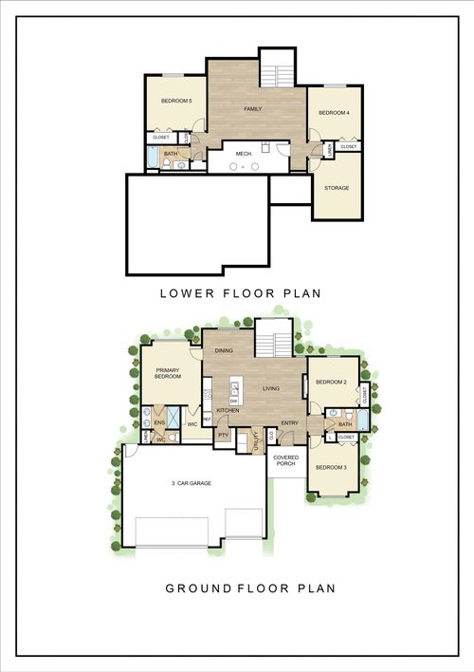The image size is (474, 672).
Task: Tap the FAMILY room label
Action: (x=253, y=109)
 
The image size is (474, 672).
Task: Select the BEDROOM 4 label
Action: (x=334, y=114)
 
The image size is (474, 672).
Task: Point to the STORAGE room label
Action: (x=337, y=188)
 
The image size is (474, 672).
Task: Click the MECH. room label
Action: (x=244, y=152)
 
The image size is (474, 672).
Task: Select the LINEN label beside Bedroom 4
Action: (x=329, y=148)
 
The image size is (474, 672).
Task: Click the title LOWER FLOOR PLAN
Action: (x=241, y=293)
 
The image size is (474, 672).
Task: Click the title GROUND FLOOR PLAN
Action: (x=250, y=588)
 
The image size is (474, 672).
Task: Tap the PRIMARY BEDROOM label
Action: (x=168, y=373)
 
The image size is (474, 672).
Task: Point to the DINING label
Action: (x=225, y=351)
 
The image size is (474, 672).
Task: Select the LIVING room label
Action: (x=271, y=388)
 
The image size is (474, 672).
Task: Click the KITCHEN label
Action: (x=228, y=410)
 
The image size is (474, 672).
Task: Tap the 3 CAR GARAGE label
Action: (x=192, y=484)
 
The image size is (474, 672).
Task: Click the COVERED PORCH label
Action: (x=286, y=461)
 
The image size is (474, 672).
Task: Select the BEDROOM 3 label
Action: (x=330, y=468)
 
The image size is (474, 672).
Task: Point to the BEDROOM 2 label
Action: (x=330, y=383)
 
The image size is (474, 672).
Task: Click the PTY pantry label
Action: (x=224, y=435)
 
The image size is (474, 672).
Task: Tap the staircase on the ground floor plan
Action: (x=276, y=338)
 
